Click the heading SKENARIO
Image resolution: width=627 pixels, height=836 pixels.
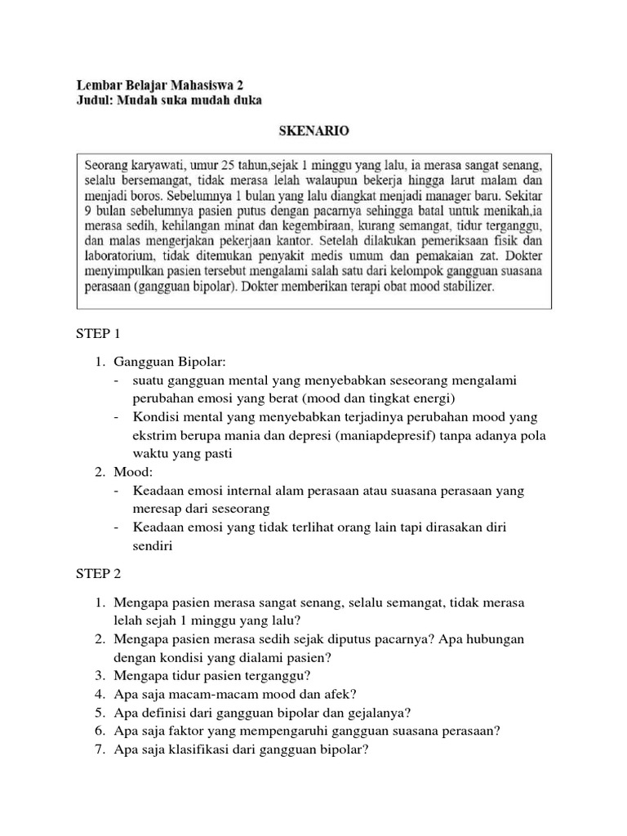[313, 130]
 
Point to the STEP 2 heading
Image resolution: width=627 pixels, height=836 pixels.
[97, 574]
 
